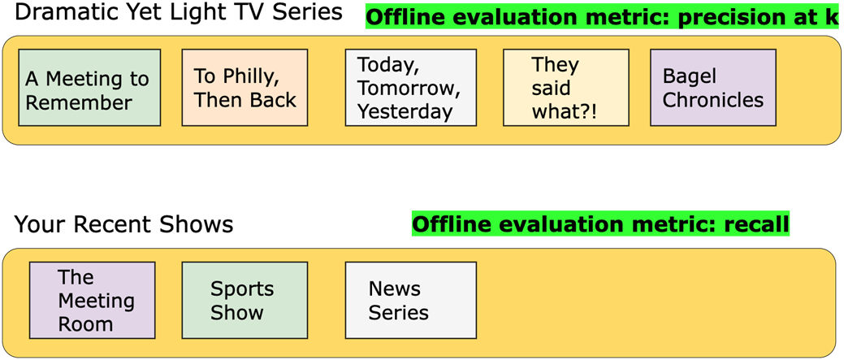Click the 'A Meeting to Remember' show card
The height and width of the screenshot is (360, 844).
point(89,88)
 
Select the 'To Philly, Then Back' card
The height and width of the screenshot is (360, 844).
point(245,88)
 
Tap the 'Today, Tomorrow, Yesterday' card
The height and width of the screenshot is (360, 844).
point(411,88)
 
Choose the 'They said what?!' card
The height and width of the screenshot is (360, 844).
point(566,88)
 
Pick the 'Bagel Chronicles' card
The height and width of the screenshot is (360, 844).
point(713,88)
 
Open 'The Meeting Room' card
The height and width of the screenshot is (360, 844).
point(92,300)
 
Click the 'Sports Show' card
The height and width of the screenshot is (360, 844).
point(245,300)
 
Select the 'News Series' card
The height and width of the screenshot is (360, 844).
point(411,300)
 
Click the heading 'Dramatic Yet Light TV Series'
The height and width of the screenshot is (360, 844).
point(179,12)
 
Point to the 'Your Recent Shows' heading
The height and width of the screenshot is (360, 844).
point(123,224)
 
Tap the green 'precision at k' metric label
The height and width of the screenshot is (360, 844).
point(602,18)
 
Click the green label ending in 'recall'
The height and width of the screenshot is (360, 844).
point(600,223)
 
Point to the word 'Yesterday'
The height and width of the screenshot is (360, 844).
point(405,111)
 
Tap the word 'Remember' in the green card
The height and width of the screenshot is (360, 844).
point(79,102)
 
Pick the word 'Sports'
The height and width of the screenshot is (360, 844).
point(242,289)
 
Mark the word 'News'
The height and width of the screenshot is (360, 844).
point(387,288)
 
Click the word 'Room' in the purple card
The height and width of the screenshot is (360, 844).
point(85,324)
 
